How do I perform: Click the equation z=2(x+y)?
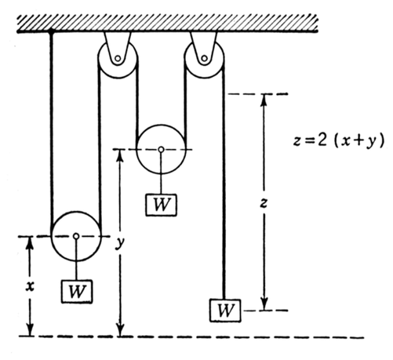click(339, 141)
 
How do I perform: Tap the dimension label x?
click(31, 287)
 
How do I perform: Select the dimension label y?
click(120, 243)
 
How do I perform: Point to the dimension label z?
click(264, 203)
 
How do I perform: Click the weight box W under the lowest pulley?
click(77, 291)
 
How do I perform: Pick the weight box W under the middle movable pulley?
click(161, 205)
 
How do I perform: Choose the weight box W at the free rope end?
click(225, 311)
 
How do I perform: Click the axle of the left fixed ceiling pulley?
click(118, 58)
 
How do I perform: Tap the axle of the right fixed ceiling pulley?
click(204, 58)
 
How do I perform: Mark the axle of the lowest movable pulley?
click(76, 236)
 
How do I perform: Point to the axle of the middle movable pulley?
click(161, 149)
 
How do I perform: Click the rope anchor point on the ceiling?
click(51, 31)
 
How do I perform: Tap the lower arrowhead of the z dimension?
click(264, 304)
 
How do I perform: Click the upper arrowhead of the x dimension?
click(31, 242)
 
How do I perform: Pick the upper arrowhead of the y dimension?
click(120, 155)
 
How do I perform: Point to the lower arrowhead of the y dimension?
click(120, 329)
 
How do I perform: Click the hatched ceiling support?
click(167, 24)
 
